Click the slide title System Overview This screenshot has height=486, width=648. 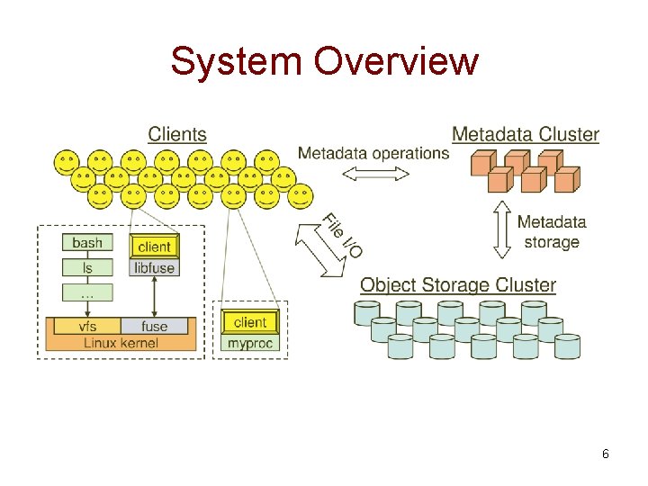pos(324,62)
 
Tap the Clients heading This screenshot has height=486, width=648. pos(177,134)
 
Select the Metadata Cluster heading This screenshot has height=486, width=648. pos(525,134)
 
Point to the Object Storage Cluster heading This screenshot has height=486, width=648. pos(458,285)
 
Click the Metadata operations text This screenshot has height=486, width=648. pos(373,153)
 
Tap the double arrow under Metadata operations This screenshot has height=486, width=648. pos(375,175)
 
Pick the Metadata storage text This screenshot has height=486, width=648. pos(551,231)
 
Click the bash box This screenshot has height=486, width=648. pos(87,243)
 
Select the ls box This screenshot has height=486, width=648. pos(87,267)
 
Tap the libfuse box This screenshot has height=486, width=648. pos(155,267)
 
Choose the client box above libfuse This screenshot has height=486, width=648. pos(155,246)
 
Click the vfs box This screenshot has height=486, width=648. pos(87,326)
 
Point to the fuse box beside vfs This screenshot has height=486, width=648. pos(155,326)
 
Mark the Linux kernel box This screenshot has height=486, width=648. pos(121,343)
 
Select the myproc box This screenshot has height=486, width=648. pos(250,343)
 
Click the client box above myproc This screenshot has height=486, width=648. pos(250,321)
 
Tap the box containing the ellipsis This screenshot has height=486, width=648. pos(87,292)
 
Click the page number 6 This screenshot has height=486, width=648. pos(606,454)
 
